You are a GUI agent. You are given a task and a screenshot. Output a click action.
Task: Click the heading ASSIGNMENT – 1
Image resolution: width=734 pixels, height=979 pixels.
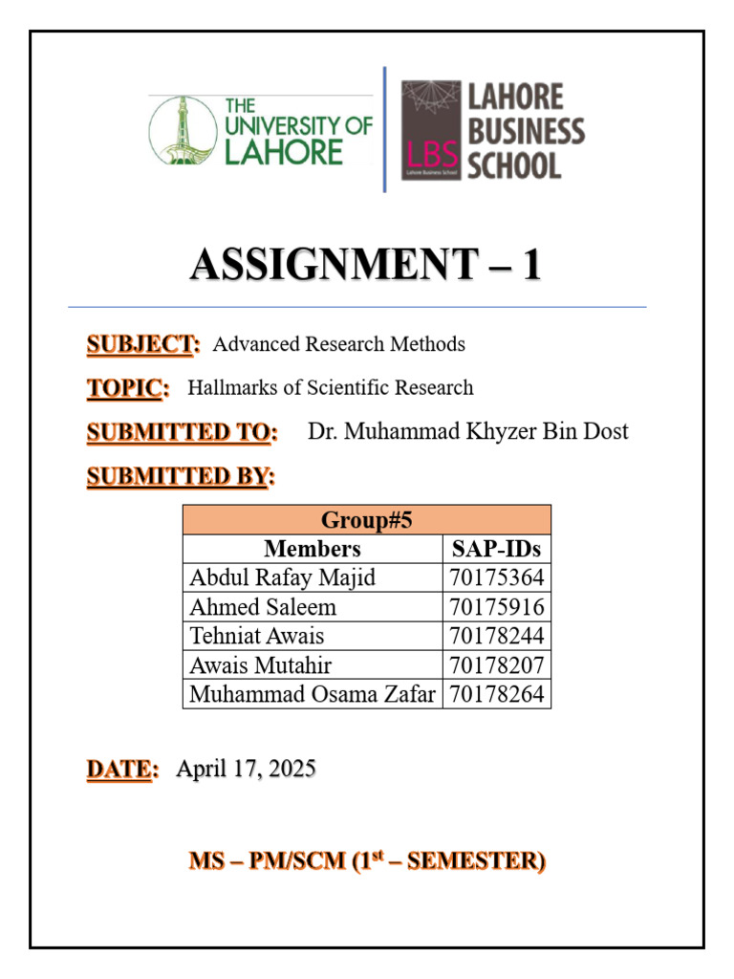366,265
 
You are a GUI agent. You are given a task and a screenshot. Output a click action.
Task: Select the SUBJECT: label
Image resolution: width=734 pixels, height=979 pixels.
143,344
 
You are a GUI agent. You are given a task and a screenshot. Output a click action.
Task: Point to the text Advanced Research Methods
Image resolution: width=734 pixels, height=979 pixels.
338,344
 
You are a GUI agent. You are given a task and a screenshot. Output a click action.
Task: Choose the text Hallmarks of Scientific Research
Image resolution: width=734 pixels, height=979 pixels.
330,388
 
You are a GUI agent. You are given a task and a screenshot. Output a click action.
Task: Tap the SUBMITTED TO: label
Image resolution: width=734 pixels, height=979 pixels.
182,432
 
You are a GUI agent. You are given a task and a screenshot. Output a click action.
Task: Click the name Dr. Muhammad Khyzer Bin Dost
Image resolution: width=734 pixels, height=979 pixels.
467,432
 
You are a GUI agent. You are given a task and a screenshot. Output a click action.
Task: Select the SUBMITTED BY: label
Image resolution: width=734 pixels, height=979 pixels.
180,476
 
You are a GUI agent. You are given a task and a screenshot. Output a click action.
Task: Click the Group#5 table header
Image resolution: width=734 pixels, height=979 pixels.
366,520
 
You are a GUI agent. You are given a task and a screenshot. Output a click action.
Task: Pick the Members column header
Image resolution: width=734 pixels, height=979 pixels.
313,549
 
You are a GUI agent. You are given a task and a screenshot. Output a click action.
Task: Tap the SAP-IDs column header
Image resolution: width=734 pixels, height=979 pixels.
496,549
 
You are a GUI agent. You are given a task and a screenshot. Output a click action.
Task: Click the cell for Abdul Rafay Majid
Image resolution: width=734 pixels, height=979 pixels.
282,577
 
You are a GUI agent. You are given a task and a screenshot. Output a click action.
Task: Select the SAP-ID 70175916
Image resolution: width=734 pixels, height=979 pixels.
496,607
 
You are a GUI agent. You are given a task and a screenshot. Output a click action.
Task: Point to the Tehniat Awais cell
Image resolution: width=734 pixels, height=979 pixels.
257,636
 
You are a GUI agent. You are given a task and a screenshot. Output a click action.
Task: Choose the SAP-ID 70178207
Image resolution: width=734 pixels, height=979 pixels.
496,665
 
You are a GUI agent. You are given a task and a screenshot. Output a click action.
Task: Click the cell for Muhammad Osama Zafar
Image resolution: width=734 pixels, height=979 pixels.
312,694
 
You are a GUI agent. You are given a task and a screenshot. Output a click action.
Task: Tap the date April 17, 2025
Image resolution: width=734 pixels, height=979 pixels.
246,769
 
